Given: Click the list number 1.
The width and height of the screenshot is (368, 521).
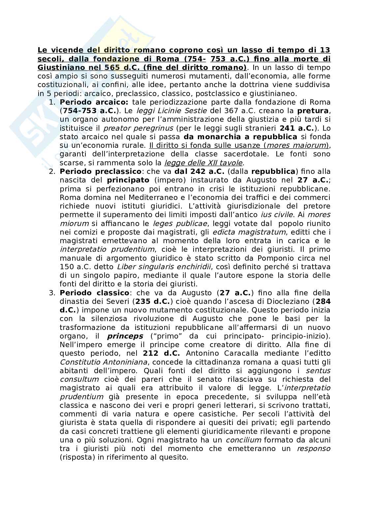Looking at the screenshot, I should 51,102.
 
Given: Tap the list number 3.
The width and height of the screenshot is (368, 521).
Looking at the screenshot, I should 51,293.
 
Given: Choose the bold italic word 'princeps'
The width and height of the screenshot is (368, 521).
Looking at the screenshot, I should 125,336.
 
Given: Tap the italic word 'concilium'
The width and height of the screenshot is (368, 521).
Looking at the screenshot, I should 243,440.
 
